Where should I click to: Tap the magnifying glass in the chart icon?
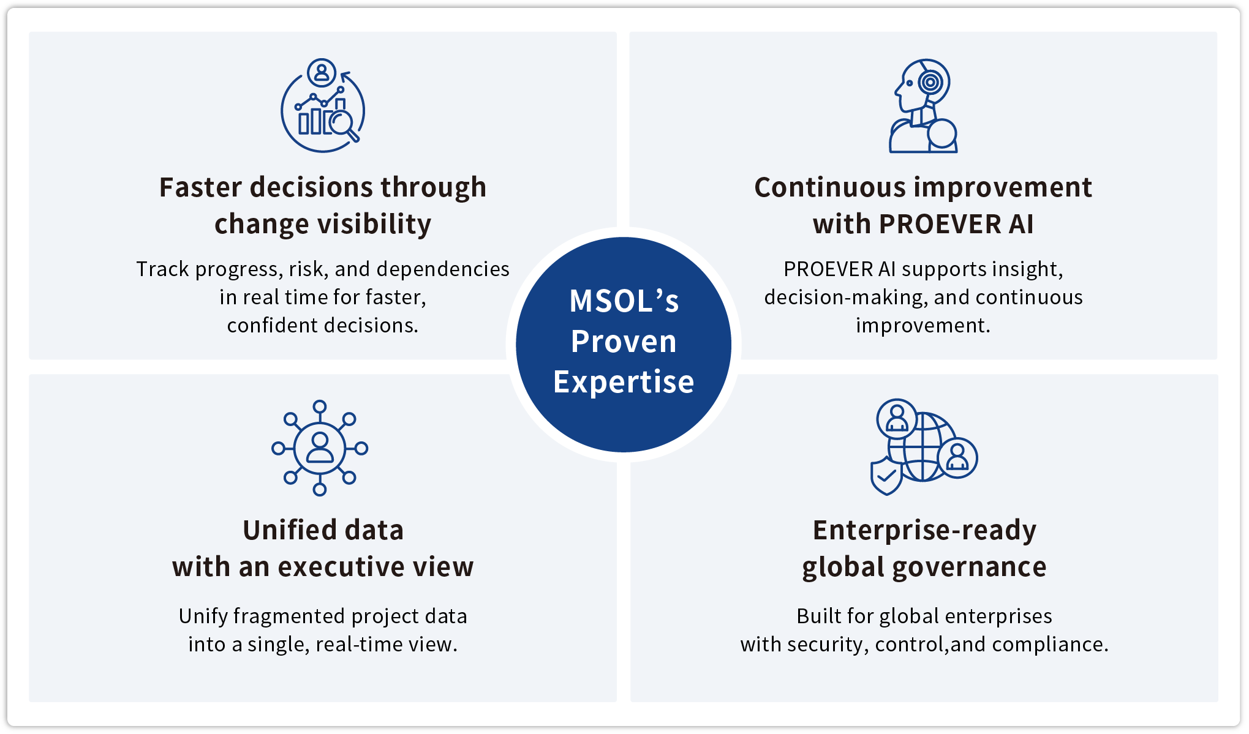click(342, 123)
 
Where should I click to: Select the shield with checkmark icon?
click(886, 476)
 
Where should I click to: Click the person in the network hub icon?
click(320, 448)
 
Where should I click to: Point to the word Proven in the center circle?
click(624, 342)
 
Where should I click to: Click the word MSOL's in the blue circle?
click(624, 301)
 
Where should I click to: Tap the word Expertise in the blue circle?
click(624, 382)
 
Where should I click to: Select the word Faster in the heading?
click(200, 187)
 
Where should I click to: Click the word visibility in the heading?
click(375, 224)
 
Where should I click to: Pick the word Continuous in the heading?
click(829, 187)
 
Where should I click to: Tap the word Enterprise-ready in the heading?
click(924, 530)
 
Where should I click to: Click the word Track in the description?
click(162, 269)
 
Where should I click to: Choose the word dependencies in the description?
click(443, 269)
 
